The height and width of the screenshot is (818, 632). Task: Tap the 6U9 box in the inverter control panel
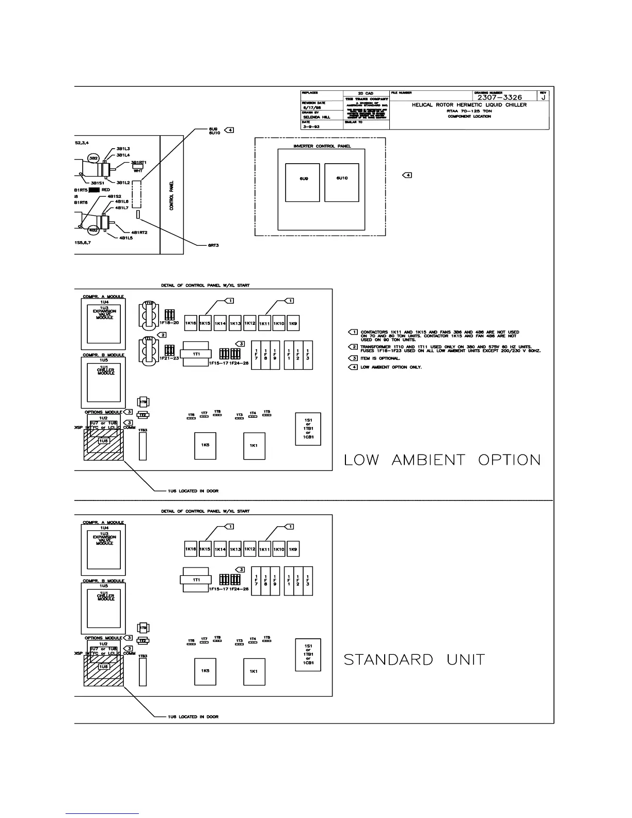303,182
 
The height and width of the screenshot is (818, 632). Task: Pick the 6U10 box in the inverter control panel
342,182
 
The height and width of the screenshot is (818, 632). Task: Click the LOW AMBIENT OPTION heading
442,460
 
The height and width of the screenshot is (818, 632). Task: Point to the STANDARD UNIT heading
414,659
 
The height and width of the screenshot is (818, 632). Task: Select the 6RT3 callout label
214,245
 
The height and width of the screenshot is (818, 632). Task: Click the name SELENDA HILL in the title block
316,117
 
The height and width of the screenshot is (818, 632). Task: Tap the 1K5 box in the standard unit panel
205,671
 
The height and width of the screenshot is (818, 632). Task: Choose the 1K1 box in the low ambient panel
254,446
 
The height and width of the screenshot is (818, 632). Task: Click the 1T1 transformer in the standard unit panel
197,580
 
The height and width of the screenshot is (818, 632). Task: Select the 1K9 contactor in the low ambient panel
293,323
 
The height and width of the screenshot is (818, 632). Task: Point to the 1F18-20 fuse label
168,323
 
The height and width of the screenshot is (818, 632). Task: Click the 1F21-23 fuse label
168,358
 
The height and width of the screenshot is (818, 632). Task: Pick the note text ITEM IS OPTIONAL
380,358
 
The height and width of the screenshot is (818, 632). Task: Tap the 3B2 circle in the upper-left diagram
93,158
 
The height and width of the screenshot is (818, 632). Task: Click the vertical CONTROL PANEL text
172,195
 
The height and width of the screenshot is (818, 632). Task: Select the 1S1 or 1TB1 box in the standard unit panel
308,654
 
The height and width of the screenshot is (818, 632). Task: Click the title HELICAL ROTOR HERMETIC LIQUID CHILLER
469,105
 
